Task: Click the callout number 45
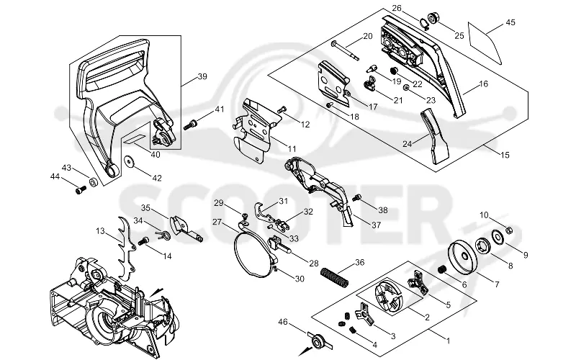(510, 22)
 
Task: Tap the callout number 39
(202, 76)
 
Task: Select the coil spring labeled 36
(335, 279)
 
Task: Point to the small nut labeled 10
(509, 230)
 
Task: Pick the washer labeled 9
(498, 236)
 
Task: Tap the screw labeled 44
(81, 190)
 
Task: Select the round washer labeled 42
(129, 161)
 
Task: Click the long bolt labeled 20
(345, 50)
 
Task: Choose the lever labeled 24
(435, 136)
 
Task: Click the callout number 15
(505, 155)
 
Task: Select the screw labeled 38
(356, 199)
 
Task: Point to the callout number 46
(282, 322)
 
